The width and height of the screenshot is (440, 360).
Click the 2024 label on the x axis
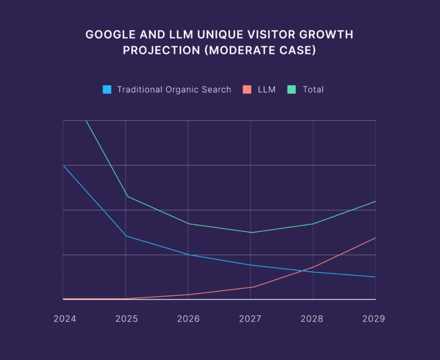pos(65,319)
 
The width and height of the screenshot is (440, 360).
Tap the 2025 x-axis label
pos(127,319)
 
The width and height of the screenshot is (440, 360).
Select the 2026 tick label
pos(188,319)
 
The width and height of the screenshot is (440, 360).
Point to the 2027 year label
pos(250,319)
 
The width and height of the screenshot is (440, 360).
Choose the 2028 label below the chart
pos(313,319)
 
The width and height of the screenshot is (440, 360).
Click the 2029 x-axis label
pos(374,319)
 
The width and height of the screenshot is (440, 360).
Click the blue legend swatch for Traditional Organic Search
pos(107,89)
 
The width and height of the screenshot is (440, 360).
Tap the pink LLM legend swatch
pos(247,89)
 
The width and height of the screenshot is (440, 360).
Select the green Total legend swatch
pos(292,89)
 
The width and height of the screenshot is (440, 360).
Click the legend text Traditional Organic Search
pos(174,90)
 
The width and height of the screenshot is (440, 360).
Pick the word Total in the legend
pos(313,90)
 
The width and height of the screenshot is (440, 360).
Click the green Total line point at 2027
pos(251,232)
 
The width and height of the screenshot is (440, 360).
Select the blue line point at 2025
pos(125,236)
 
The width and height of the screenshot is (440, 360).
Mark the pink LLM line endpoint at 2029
pos(376,238)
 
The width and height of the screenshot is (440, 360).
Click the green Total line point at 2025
pos(125,196)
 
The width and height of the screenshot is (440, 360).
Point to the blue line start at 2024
pos(63,165)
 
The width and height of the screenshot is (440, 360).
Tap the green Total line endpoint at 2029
pos(376,201)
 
